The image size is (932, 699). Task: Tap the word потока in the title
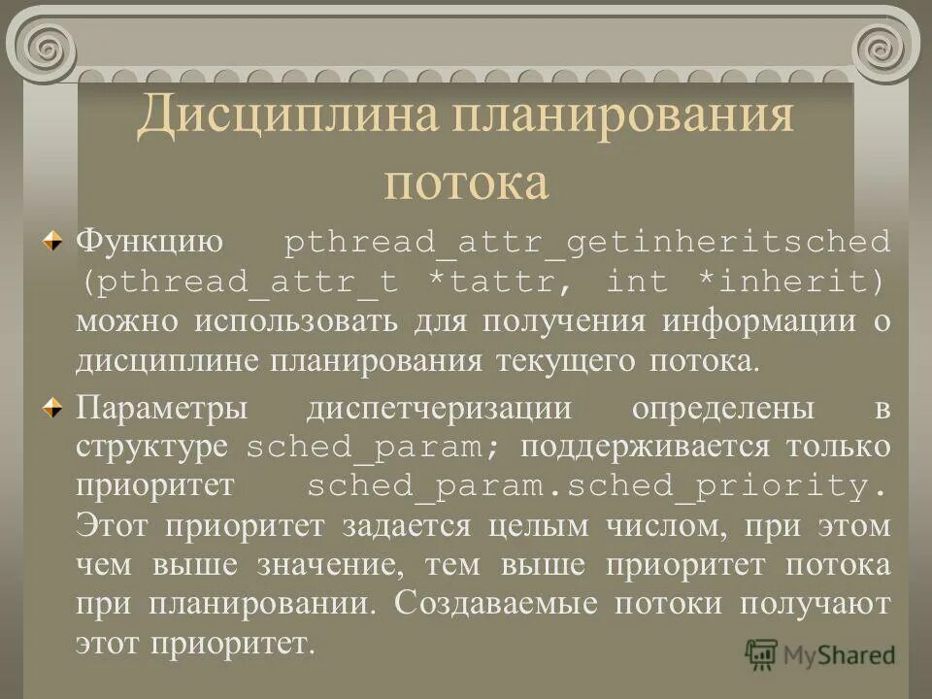click(x=466, y=182)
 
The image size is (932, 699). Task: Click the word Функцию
click(x=150, y=241)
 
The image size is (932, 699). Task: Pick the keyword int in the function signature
click(x=637, y=282)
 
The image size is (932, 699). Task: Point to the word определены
click(x=723, y=408)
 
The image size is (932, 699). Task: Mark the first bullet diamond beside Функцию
click(x=60, y=240)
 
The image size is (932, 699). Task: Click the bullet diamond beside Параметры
click(x=60, y=407)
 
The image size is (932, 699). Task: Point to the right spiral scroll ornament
click(x=884, y=45)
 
